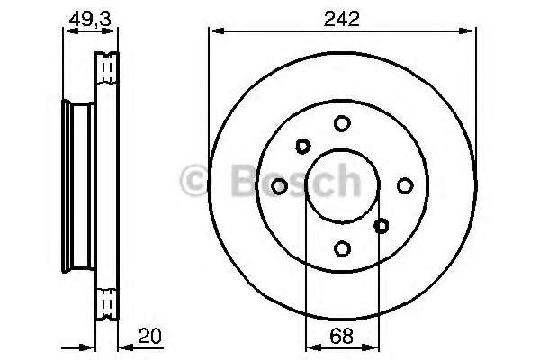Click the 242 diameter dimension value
tap(341, 19)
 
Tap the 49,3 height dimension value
tap(90, 19)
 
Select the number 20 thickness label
tap(149, 336)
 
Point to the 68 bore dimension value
tap(341, 336)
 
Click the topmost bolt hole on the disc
tap(342, 123)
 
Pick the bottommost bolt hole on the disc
tap(342, 248)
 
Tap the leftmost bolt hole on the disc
tap(279, 186)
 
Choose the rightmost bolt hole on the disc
tap(405, 185)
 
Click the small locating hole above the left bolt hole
tap(303, 146)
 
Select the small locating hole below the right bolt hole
tap(382, 226)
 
